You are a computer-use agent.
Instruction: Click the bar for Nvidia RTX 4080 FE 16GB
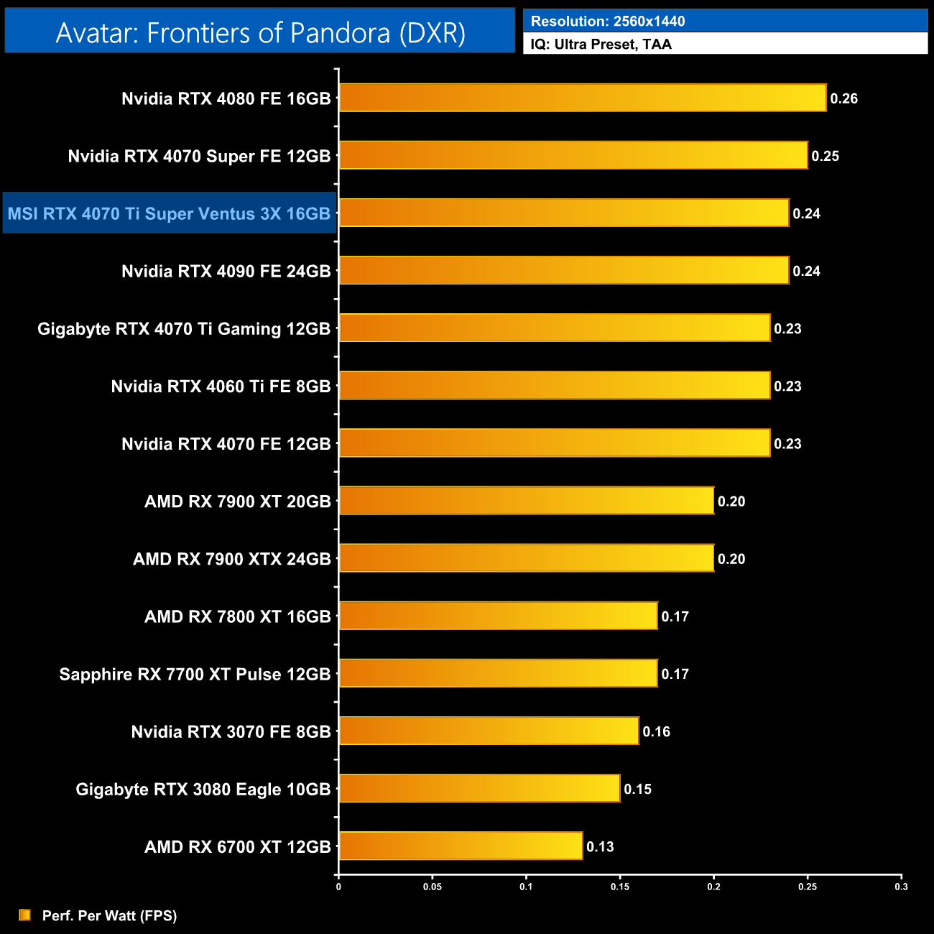coord(582,98)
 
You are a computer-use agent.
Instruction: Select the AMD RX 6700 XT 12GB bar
coord(460,846)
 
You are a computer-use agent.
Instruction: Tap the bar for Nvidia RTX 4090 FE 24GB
coord(563,270)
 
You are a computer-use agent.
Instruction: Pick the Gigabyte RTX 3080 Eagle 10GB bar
coord(479,788)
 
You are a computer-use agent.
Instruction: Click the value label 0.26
coord(843,98)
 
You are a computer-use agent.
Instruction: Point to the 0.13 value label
coord(600,846)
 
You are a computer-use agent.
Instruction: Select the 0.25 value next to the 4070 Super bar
coord(825,156)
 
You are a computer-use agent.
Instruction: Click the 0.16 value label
coord(656,731)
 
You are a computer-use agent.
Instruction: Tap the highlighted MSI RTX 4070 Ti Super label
coord(169,213)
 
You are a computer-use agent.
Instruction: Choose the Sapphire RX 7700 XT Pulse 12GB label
coord(195,674)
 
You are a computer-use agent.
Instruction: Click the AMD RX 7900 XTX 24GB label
coord(231,559)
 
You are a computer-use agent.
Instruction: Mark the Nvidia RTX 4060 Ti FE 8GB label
coord(221,387)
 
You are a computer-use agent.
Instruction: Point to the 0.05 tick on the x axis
coord(433,887)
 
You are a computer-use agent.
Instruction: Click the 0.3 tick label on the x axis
coord(901,887)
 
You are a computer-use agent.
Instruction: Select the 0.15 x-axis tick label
coord(620,887)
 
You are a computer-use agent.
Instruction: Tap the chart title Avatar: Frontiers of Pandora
coord(260,32)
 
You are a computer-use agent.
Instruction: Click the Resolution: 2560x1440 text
coord(607,21)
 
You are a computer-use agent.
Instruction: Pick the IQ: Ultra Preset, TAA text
coord(601,44)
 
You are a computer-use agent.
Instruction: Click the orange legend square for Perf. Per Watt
coord(25,915)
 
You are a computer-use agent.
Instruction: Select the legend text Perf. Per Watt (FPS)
coord(109,915)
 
